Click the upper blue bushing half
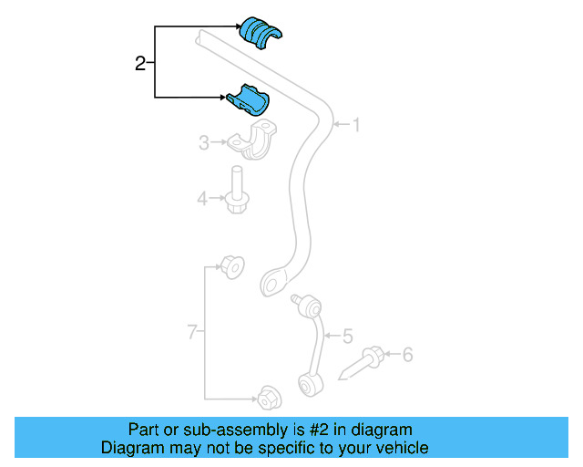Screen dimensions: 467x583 [x=261, y=30]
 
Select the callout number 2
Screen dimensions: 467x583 [x=139, y=64]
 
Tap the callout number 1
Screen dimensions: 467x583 [x=356, y=125]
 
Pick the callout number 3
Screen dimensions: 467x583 [x=204, y=141]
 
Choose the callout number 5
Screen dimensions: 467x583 [x=347, y=337]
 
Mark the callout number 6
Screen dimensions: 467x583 [x=407, y=354]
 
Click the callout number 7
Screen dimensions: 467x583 [x=192, y=333]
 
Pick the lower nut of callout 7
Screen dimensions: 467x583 [x=268, y=399]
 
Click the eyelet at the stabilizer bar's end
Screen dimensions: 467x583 [x=273, y=282]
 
